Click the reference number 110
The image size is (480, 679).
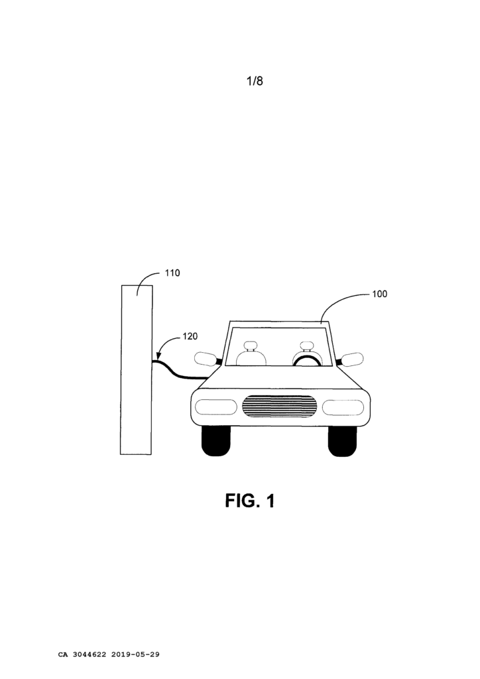pyautogui.click(x=172, y=273)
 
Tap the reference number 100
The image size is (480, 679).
pyautogui.click(x=380, y=294)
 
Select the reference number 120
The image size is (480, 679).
pyautogui.click(x=190, y=336)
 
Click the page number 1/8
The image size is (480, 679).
pyautogui.click(x=255, y=81)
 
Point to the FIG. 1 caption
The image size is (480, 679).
pyautogui.click(x=250, y=501)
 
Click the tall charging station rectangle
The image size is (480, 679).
pyautogui.click(x=137, y=370)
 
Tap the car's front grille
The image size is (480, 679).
pyautogui.click(x=279, y=406)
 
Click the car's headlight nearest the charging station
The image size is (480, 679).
pyautogui.click(x=216, y=407)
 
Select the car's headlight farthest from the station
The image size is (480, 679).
pyautogui.click(x=343, y=408)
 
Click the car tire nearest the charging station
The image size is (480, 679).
pyautogui.click(x=216, y=441)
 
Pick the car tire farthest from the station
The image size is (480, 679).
pyautogui.click(x=342, y=441)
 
